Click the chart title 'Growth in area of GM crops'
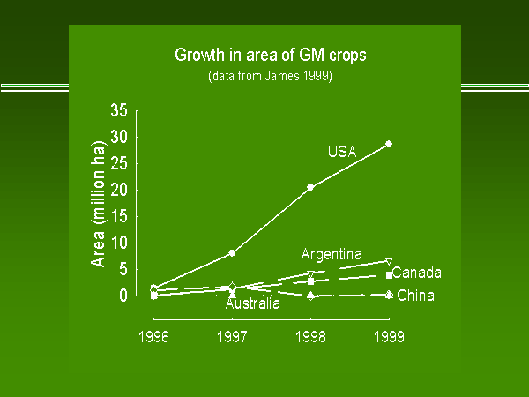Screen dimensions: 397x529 tap(270, 55)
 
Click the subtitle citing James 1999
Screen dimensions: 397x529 tap(270, 76)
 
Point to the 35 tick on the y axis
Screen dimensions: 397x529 tap(118, 110)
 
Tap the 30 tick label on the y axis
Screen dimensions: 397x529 tap(118, 137)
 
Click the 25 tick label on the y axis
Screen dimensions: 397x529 tap(118, 163)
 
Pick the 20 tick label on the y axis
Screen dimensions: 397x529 tap(118, 190)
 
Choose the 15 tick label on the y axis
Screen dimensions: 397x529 tap(118, 216)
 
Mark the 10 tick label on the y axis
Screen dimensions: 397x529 tap(118, 243)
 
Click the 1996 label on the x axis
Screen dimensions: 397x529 tap(154, 336)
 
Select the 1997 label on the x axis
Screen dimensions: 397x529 tap(232, 336)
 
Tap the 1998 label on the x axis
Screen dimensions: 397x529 tap(310, 336)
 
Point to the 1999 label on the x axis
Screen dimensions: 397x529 tap(389, 336)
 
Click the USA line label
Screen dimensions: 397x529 tap(341, 152)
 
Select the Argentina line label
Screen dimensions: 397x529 tap(332, 255)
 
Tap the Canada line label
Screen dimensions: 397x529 tap(417, 273)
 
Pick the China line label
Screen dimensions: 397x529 tap(416, 296)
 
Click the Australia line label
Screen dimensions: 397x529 tap(253, 304)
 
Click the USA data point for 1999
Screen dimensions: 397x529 tap(389, 144)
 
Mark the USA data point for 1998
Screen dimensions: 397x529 tap(310, 187)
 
